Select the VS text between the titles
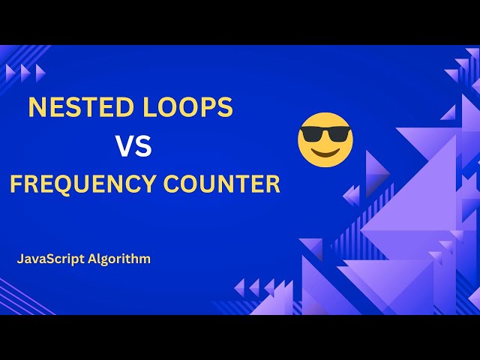point(133,145)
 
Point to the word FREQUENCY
point(81,184)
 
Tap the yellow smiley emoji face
point(325,140)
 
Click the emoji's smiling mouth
point(325,152)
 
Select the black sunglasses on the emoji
point(325,135)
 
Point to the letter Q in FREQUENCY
point(66,184)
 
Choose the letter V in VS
point(124,145)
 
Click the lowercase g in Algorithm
point(103,261)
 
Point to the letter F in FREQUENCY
point(16,184)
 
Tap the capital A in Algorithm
point(91,259)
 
